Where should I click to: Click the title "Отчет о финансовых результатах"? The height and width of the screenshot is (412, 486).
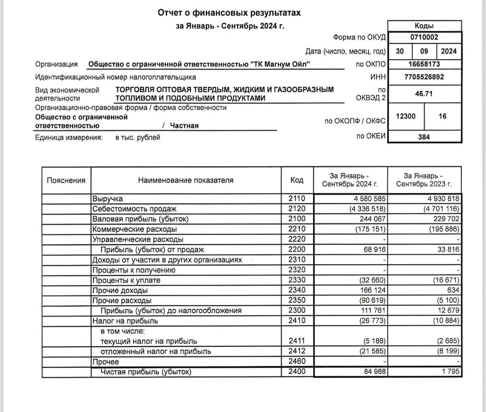(x=229, y=13)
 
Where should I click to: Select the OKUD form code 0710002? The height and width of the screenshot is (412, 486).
(x=424, y=38)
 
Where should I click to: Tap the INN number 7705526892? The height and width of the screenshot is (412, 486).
(x=424, y=77)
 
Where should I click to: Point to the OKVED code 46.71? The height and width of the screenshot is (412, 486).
(x=424, y=93)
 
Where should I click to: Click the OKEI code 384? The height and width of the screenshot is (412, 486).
(x=424, y=137)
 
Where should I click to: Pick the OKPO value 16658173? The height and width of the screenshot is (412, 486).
(x=424, y=64)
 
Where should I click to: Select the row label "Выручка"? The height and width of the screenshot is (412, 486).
(x=107, y=199)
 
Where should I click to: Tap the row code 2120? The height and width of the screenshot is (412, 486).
(x=297, y=209)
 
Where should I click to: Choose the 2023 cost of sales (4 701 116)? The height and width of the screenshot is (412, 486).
(x=441, y=209)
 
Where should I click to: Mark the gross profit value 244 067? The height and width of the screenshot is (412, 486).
(x=372, y=219)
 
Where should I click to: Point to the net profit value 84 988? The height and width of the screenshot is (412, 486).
(x=375, y=372)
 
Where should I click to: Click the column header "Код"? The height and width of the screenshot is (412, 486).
(x=297, y=180)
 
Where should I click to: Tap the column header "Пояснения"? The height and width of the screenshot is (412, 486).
(x=66, y=181)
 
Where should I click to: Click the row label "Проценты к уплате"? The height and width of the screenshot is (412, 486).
(x=126, y=280)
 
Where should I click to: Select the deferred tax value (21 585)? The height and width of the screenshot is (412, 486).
(x=371, y=351)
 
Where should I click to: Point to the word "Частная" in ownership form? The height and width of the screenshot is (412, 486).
(x=184, y=126)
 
